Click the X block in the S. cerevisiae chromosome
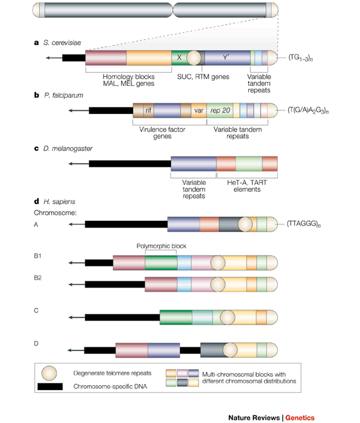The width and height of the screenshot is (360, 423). (x=178, y=58)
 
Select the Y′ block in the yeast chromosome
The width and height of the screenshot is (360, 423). (x=226, y=58)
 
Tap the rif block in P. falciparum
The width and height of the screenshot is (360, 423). (x=148, y=110)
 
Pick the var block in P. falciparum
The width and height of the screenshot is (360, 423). (x=199, y=110)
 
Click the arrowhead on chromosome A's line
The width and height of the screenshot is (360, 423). (x=71, y=224)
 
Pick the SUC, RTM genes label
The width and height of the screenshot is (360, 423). (x=197, y=76)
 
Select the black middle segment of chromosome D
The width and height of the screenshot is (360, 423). (x=190, y=350)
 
